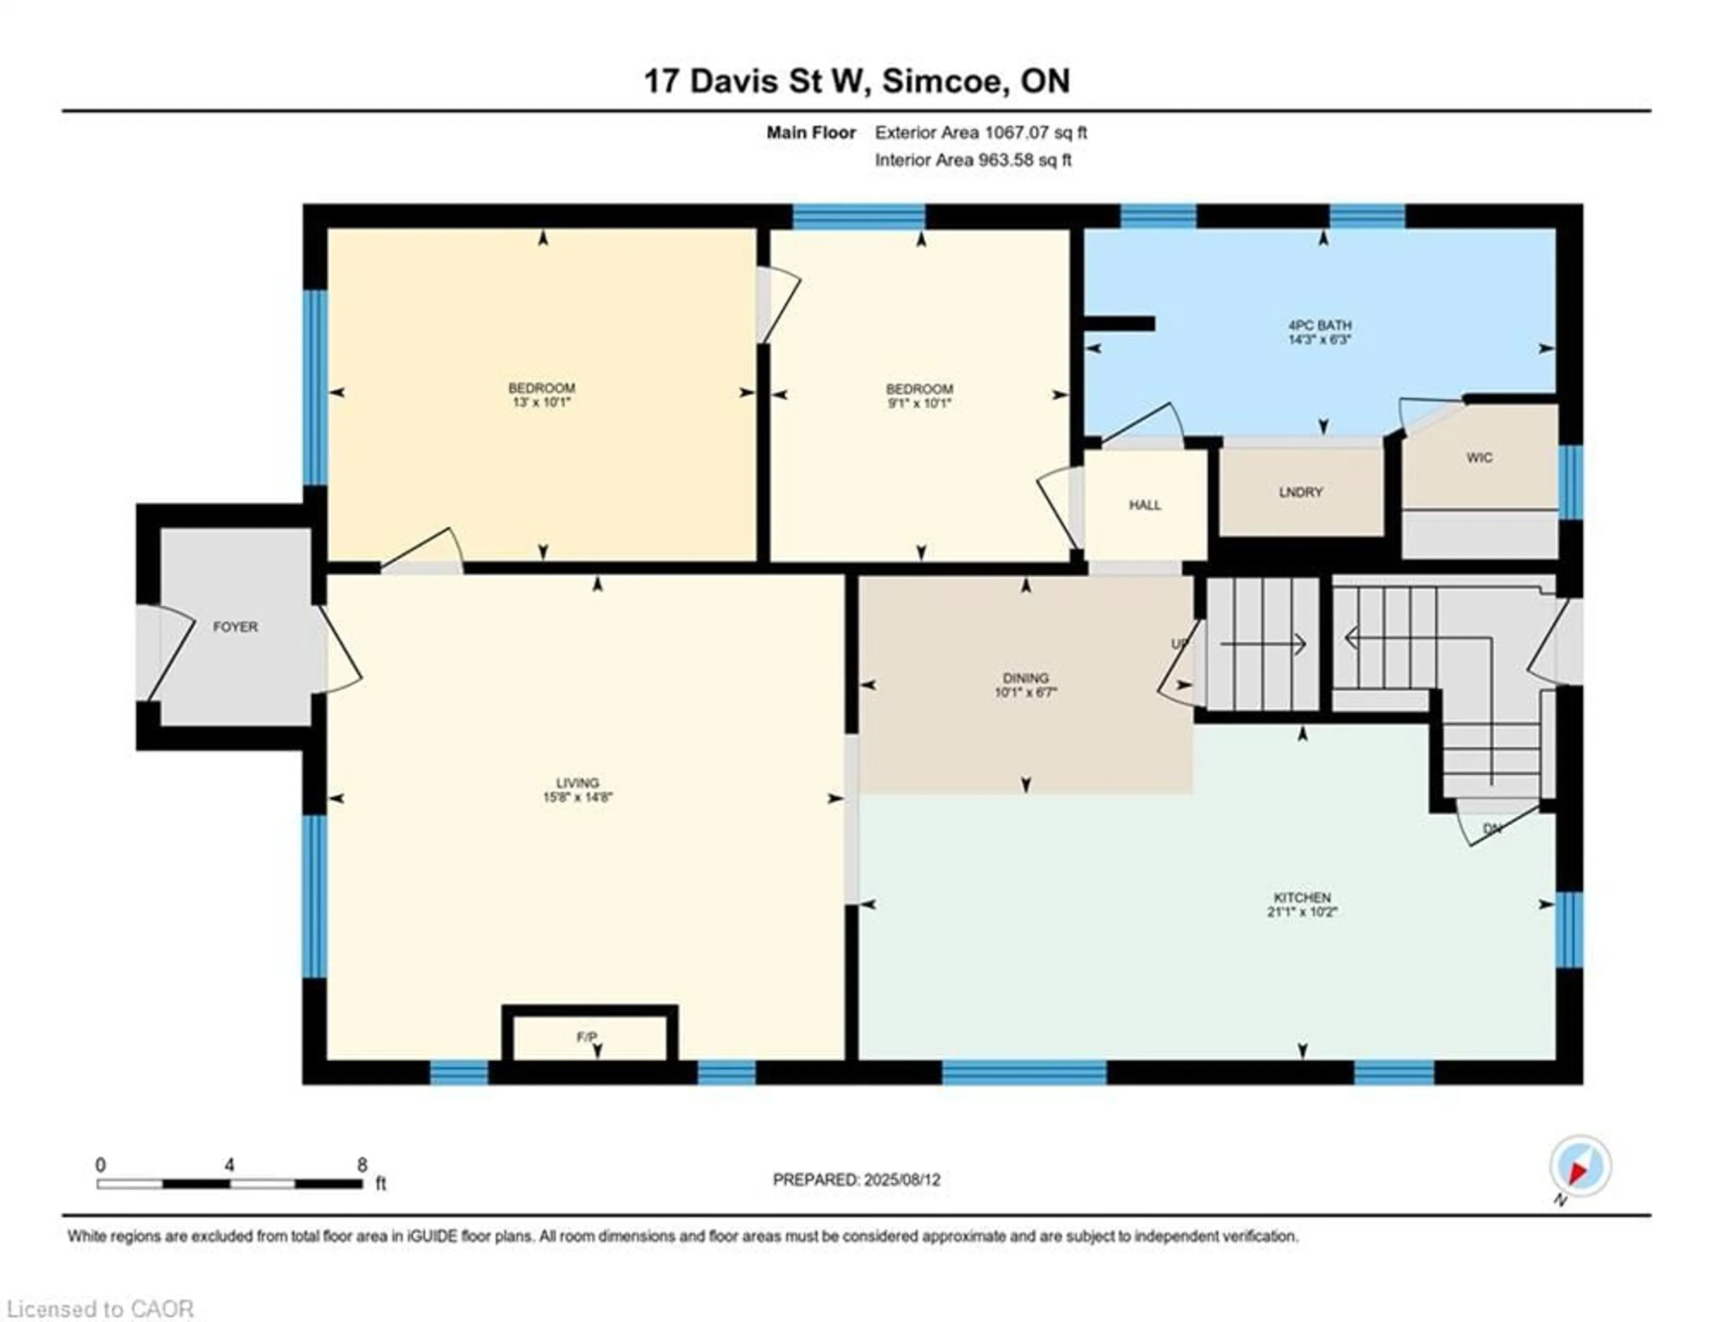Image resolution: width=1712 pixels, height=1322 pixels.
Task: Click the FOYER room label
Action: pyautogui.click(x=235, y=627)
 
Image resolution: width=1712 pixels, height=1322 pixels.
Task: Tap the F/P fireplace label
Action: pyautogui.click(x=587, y=1037)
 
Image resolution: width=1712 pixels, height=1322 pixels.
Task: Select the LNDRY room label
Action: pyautogui.click(x=1300, y=492)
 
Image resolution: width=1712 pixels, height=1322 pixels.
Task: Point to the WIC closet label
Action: pyautogui.click(x=1479, y=457)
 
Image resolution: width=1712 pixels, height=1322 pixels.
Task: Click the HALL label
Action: pyautogui.click(x=1144, y=505)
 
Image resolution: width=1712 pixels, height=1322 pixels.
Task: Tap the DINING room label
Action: pyautogui.click(x=1025, y=678)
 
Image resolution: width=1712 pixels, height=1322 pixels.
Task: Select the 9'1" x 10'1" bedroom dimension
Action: pyautogui.click(x=919, y=403)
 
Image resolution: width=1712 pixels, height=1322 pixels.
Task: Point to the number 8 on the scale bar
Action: pyautogui.click(x=362, y=1165)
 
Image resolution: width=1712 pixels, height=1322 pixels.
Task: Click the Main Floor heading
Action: pyautogui.click(x=811, y=132)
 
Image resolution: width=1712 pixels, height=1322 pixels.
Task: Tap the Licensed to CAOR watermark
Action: pyautogui.click(x=99, y=1309)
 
